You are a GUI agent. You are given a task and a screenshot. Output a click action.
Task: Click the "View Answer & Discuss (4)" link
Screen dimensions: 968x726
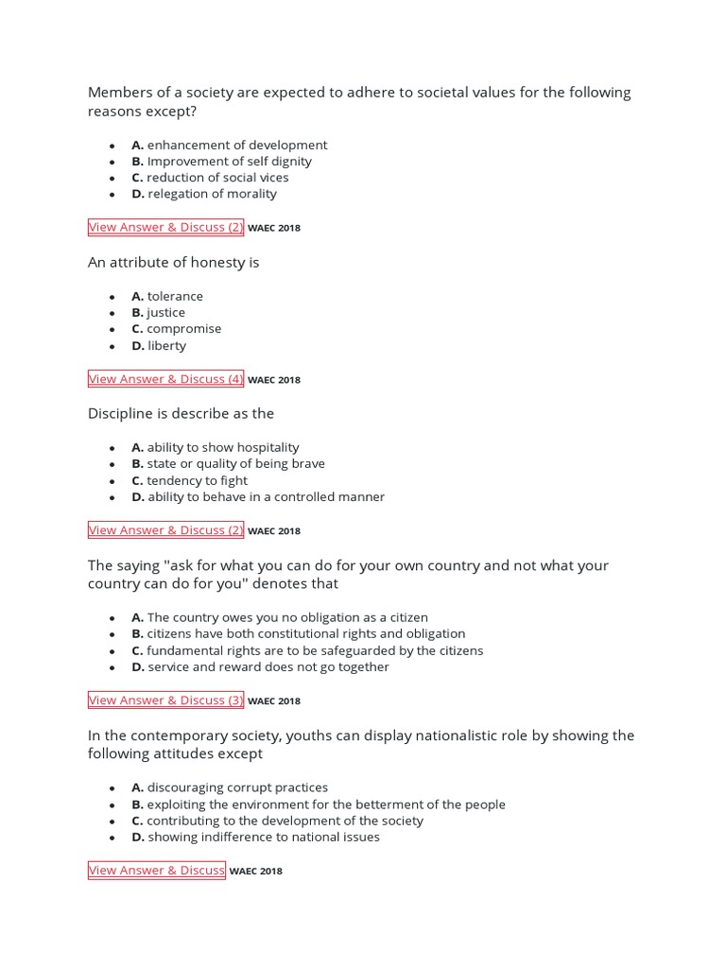tap(165, 379)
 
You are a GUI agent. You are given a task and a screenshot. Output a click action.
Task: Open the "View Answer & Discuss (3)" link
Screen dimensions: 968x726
tap(165, 700)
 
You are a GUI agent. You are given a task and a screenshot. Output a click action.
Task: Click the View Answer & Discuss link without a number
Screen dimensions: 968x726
tap(157, 871)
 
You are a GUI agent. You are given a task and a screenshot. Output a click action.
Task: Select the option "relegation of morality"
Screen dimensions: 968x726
tap(212, 194)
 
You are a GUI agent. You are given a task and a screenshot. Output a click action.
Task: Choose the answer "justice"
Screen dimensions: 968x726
tap(165, 313)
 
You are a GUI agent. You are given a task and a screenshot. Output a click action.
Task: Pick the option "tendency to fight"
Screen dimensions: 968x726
tap(196, 480)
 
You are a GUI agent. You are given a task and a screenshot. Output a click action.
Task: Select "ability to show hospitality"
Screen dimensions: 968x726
tap(222, 447)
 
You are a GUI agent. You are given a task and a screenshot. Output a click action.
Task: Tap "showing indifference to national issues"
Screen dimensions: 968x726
tap(263, 837)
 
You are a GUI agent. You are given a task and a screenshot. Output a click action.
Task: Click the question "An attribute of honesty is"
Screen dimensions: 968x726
tap(173, 263)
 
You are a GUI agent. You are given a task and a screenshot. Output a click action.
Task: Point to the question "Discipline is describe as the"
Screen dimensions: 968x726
tap(181, 414)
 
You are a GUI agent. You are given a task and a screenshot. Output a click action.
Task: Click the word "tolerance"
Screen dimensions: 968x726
tap(175, 296)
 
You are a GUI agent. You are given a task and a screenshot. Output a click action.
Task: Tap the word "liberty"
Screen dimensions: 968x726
tap(167, 346)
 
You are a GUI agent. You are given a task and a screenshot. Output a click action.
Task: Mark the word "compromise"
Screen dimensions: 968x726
tap(183, 329)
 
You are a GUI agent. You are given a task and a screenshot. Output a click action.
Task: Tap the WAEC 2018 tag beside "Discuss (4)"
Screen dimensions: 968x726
tap(274, 380)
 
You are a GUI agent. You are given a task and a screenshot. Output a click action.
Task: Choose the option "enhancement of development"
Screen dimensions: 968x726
tap(236, 145)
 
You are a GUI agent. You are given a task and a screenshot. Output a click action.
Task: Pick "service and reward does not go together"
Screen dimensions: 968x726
tap(268, 667)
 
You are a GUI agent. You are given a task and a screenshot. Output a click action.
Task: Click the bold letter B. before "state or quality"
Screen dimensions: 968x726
tap(137, 464)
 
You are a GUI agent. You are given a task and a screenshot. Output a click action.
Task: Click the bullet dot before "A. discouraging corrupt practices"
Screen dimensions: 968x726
tap(112, 788)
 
